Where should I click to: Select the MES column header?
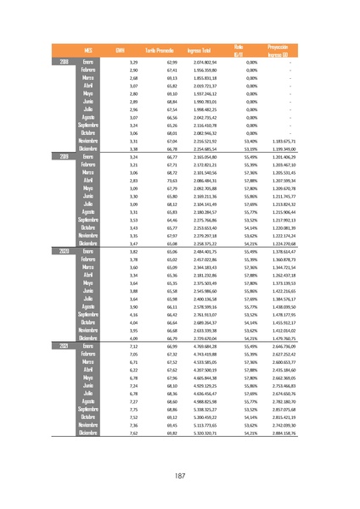tap(87, 51)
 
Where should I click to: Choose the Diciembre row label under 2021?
tap(87, 433)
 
